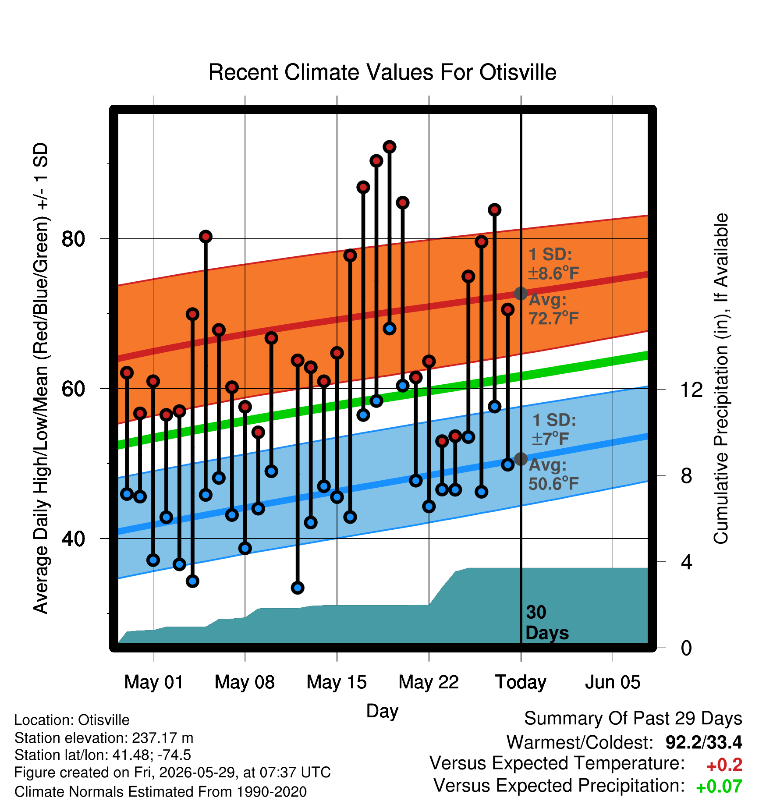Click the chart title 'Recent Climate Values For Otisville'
coord(382,72)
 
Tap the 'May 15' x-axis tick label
coord(337,682)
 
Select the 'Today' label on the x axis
coord(521,682)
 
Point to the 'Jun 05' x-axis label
coord(613,682)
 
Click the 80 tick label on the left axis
coord(73,239)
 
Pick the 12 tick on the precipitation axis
coord(692,389)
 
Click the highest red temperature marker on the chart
coord(390,147)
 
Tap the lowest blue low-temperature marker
coord(298,588)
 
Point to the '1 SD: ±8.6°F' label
coord(554,264)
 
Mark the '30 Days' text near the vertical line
coord(547,623)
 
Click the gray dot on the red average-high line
coord(521,293)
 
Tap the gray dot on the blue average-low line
coord(521,459)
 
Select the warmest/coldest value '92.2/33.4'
coord(704,742)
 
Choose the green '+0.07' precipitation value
coord(719,787)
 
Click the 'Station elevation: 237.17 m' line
coord(104,738)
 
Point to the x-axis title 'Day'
coord(382,711)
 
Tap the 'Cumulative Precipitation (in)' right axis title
coord(721,379)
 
